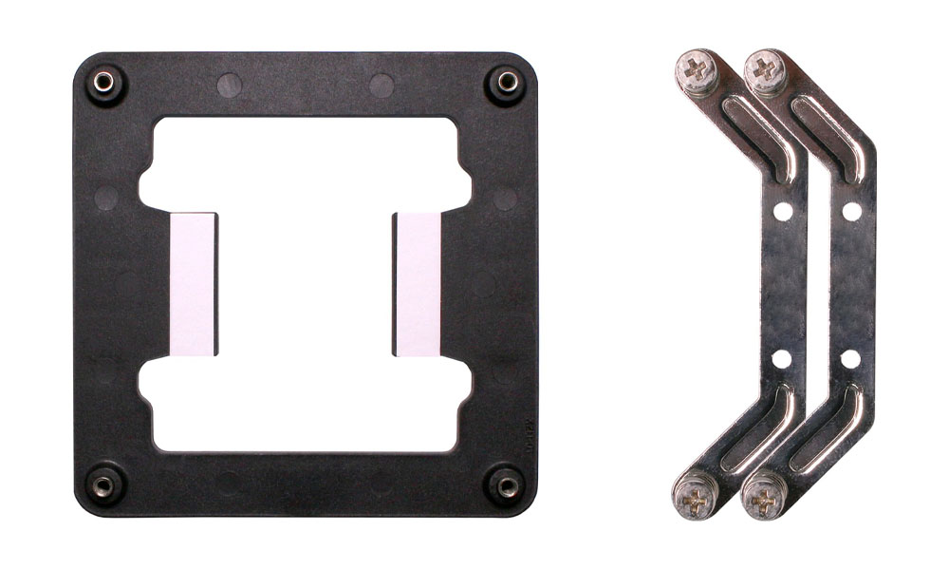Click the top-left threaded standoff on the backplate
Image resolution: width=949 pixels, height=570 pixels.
105,84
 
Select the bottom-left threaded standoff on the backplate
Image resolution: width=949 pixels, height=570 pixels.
103,485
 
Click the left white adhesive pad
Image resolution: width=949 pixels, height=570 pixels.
194,284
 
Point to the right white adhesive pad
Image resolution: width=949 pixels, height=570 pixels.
418,284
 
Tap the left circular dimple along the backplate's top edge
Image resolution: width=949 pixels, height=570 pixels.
229,85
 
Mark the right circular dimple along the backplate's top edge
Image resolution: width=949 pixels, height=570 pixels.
381,85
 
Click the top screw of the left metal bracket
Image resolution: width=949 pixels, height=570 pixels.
695,68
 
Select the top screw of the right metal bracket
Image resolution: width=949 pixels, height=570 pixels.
765,68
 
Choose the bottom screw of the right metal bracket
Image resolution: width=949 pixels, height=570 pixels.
764,496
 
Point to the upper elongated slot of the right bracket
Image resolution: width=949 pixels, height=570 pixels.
829,138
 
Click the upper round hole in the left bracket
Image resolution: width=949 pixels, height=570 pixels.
782,211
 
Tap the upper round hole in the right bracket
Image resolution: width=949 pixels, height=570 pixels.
851,211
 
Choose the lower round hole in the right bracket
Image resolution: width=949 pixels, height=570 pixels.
850,359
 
